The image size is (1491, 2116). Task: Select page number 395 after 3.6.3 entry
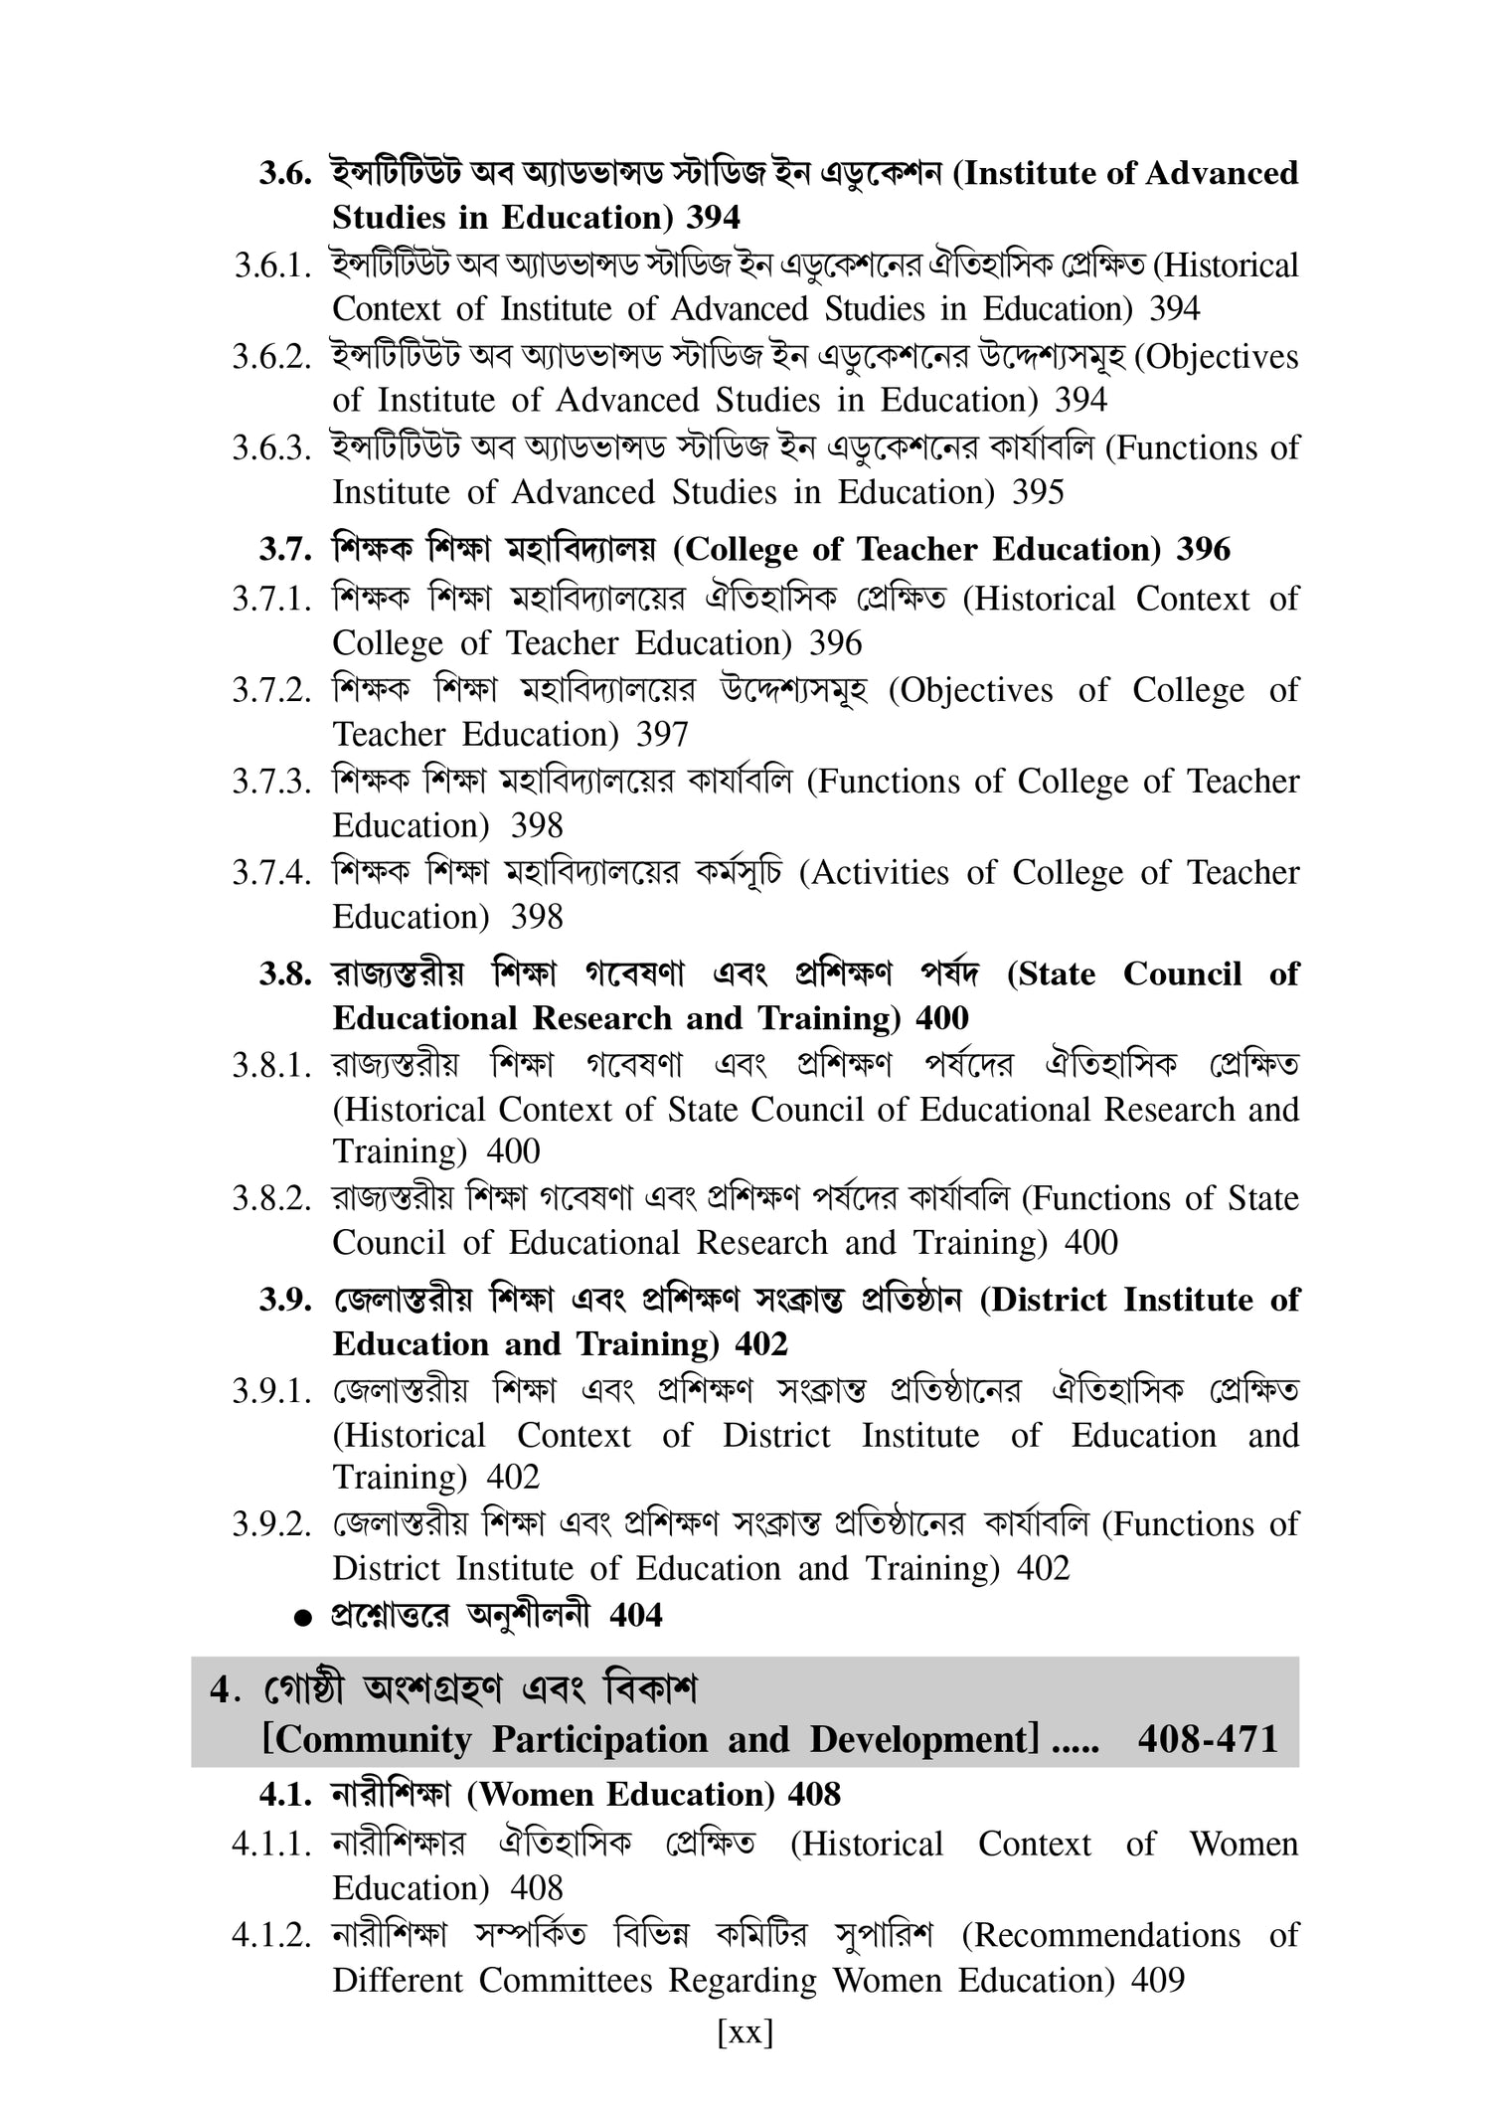[x=1038, y=492]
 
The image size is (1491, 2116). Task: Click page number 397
[x=663, y=735]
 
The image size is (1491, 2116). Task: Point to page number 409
[x=1158, y=1981]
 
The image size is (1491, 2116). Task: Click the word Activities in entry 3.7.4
[x=874, y=873]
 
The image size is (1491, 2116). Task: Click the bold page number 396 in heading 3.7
[x=1203, y=550]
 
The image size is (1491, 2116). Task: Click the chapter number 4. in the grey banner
[x=221, y=1691]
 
